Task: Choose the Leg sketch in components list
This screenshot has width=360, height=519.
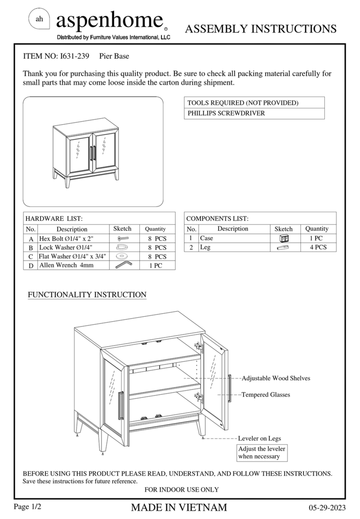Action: (x=283, y=247)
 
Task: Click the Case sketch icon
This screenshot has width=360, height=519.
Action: (x=283, y=239)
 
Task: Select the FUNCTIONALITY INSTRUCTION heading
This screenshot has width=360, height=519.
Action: (x=87, y=295)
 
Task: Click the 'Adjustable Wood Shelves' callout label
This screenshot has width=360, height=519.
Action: (x=275, y=378)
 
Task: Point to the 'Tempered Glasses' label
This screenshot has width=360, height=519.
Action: (x=266, y=395)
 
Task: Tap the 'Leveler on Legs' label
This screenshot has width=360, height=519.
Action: (x=259, y=438)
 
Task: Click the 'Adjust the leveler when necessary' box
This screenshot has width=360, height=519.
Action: (x=262, y=453)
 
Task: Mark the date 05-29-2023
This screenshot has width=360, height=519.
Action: (x=327, y=508)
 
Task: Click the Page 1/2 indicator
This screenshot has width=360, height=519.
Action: (x=28, y=507)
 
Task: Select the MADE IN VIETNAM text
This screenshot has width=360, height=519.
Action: (x=179, y=507)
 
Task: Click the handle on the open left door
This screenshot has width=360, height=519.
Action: (x=121, y=405)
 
